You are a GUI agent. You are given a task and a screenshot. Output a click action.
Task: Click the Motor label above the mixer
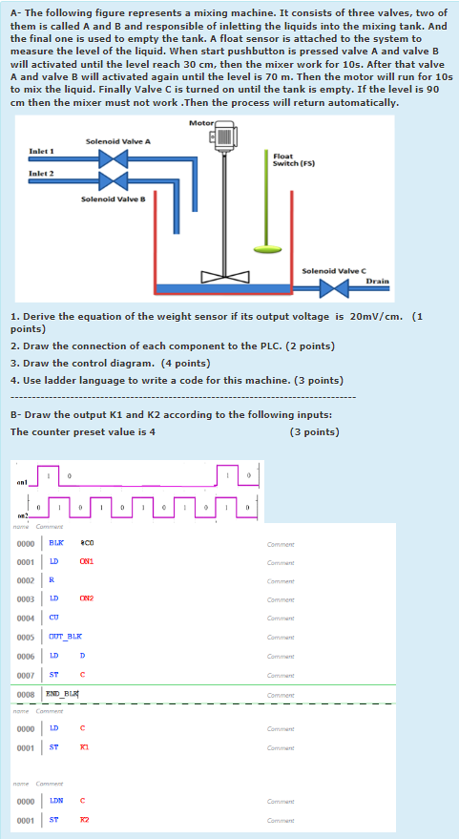[201, 124]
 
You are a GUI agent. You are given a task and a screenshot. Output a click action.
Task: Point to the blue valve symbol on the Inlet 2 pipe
[114, 181]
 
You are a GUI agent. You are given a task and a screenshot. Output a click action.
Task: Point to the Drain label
[377, 282]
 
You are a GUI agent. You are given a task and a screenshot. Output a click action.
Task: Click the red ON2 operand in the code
[86, 598]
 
